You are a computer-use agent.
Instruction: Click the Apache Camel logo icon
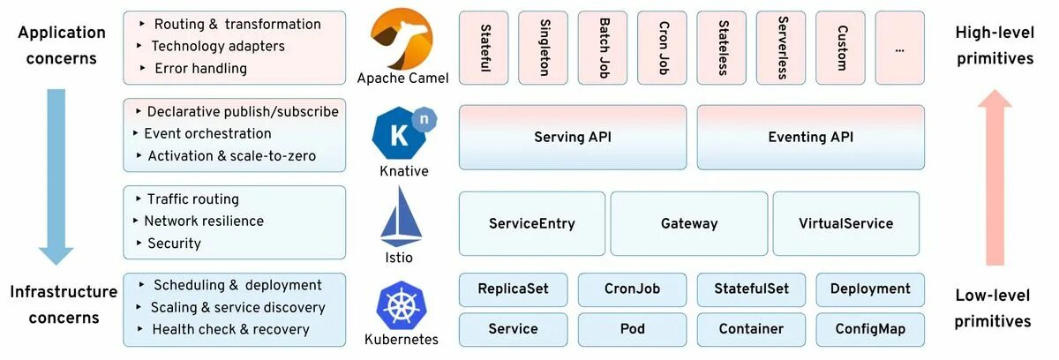402,38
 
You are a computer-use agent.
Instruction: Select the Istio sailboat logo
402,216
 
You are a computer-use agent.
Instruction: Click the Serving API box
572,137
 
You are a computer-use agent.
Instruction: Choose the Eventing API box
810,137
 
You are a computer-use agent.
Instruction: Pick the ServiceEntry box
532,223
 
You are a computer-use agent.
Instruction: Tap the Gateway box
689,223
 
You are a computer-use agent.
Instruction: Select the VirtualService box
845,223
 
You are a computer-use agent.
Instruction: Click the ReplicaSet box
513,289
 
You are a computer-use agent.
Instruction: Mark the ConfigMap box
870,329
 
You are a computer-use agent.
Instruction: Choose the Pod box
632,329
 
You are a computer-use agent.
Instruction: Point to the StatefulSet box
751,289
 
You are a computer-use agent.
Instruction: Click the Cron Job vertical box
663,48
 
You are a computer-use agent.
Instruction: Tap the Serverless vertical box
782,48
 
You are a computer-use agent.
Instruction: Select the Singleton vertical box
544,48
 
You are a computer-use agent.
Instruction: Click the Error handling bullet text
200,68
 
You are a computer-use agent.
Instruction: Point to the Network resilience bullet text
204,221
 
